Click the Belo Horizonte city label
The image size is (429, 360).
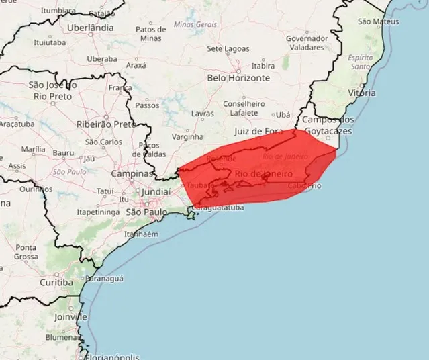pyautogui.click(x=238, y=78)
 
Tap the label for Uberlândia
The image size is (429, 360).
pyautogui.click(x=91, y=28)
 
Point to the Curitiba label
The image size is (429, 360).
pyautogui.click(x=56, y=282)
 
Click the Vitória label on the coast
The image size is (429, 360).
pyautogui.click(x=361, y=93)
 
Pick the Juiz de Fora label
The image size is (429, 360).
pyautogui.click(x=259, y=131)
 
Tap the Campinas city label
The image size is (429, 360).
pyautogui.click(x=133, y=173)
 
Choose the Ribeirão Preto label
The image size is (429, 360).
pyautogui.click(x=105, y=124)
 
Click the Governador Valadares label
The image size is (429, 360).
pyautogui.click(x=307, y=43)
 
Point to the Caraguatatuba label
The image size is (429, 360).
pyautogui.click(x=217, y=208)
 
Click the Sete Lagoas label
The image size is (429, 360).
pyautogui.click(x=228, y=49)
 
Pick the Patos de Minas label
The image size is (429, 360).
pyautogui.click(x=151, y=34)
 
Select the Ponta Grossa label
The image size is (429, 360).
pyautogui.click(x=26, y=252)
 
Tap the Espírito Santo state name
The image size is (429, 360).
pyautogui.click(x=361, y=62)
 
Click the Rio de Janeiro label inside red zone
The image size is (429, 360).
pyautogui.click(x=264, y=174)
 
